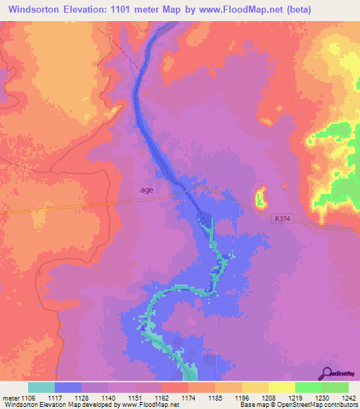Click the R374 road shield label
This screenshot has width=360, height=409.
pyautogui.click(x=282, y=219)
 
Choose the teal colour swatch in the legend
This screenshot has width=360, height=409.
pyautogui.click(x=41, y=387)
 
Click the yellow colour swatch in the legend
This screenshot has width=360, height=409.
pyautogui.click(x=281, y=387)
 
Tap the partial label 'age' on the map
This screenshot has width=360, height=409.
pyautogui.click(x=146, y=189)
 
